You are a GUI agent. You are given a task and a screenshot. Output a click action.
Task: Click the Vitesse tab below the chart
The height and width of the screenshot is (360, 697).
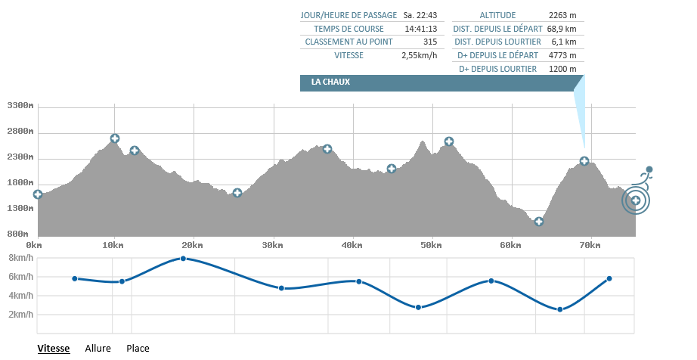pos(54,349)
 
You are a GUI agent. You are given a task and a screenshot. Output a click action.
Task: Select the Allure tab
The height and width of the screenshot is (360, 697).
pos(98,349)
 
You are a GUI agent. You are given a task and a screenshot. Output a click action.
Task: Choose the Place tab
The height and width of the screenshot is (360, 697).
pos(138,349)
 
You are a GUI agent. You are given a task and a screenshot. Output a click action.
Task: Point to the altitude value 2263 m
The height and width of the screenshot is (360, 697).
pos(562,14)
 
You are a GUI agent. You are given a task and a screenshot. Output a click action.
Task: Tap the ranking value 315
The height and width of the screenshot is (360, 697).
pos(430,42)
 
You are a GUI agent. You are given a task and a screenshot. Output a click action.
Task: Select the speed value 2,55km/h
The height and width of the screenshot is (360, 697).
pos(420,55)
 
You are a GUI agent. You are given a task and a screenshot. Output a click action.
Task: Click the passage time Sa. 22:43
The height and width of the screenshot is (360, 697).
pos(420,14)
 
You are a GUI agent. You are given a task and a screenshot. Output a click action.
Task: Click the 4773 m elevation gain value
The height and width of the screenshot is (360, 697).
pos(562,55)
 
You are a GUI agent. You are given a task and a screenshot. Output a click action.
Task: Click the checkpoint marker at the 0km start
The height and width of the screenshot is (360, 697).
pos(38,194)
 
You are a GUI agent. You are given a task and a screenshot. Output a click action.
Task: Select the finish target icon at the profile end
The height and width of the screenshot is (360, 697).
pos(636,200)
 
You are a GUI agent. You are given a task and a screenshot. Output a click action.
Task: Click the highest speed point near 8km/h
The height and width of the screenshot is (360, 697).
pos(183,259)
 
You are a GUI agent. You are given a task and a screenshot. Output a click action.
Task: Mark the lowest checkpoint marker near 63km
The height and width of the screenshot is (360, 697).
pos(539,222)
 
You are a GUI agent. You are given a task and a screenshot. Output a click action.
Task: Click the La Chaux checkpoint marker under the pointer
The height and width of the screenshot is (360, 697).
pos(584,161)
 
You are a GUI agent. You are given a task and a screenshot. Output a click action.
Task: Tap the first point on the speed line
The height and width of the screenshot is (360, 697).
pos(75,278)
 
